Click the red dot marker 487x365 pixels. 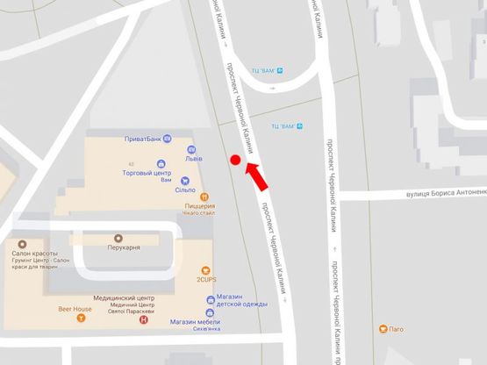click(x=235, y=160)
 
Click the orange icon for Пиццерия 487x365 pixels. click(x=204, y=197)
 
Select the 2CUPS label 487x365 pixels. click(x=207, y=281)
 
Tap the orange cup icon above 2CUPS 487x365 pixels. click(x=207, y=269)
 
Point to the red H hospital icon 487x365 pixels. click(x=145, y=319)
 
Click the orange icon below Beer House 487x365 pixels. click(x=82, y=319)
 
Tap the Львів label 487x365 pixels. click(x=194, y=159)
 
